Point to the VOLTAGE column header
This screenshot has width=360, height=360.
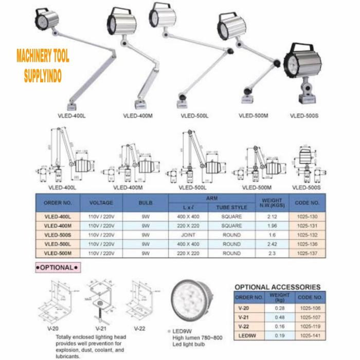point(101,203)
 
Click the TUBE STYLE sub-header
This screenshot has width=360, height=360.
point(231,207)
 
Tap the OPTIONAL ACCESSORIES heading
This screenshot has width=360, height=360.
point(277,286)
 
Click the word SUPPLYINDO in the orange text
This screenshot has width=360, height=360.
point(43,77)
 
